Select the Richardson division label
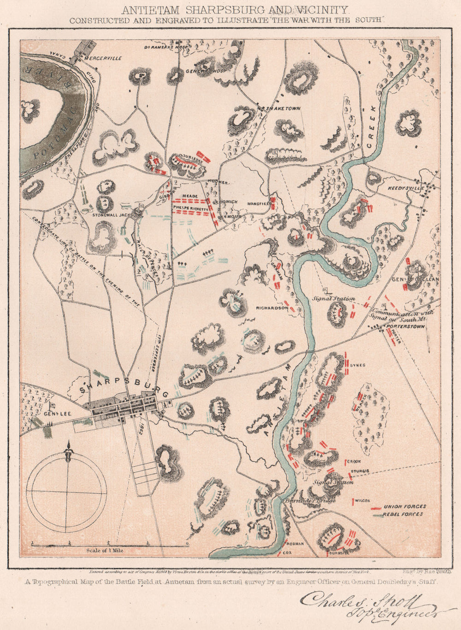272,308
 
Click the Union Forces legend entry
405,506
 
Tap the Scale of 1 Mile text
105,551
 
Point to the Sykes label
357,365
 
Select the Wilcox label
363,500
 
